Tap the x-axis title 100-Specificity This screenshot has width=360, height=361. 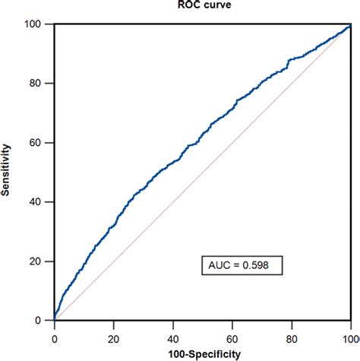[x=202, y=353]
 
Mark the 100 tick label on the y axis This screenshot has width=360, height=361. [x=39, y=24]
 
